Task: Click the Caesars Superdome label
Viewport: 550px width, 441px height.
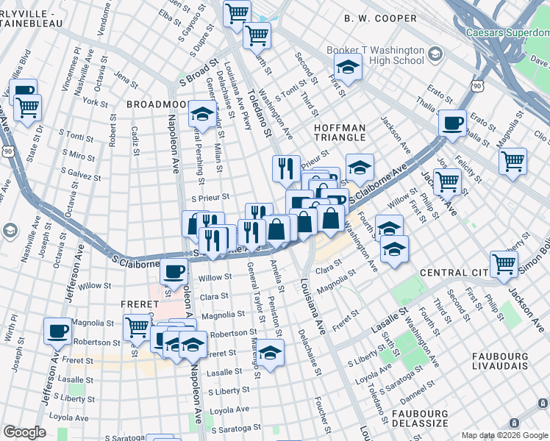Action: coord(507,32)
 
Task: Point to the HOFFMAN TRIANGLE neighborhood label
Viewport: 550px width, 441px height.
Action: coord(340,132)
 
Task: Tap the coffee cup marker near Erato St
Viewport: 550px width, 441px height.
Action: coord(452,122)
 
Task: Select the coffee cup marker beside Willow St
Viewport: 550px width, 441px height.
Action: coord(174,271)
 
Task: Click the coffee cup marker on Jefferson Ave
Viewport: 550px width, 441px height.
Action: coord(57,331)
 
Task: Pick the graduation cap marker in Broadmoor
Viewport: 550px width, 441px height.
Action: coord(201,114)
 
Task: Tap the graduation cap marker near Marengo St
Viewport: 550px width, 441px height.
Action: coord(271,354)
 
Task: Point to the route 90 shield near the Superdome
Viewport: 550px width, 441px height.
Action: coord(478,87)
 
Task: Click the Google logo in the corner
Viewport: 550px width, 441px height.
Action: coord(24,432)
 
